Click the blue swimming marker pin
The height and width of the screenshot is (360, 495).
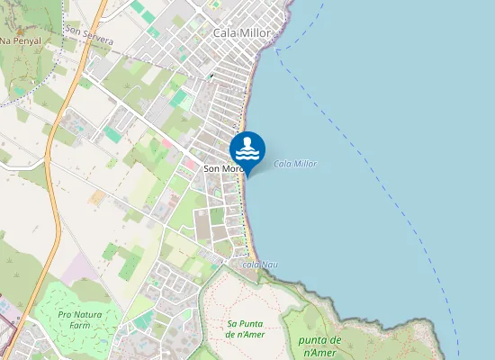[x=247, y=148]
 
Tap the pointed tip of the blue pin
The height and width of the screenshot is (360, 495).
[x=247, y=173]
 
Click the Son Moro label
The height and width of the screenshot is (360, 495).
[x=223, y=168]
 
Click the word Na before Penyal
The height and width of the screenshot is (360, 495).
[x=5, y=41]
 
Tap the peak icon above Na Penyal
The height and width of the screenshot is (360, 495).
[x=22, y=31]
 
